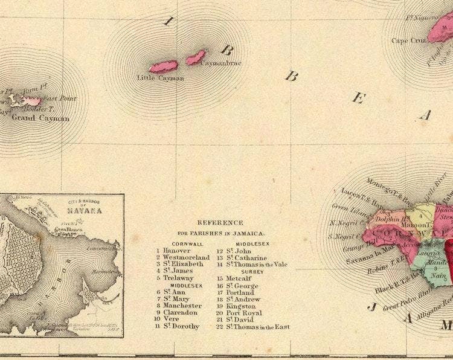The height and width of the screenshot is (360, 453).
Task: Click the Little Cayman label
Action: coord(160,77)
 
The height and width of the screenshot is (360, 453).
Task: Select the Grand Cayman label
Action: coord(40,118)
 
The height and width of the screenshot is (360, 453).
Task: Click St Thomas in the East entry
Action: coord(257,327)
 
